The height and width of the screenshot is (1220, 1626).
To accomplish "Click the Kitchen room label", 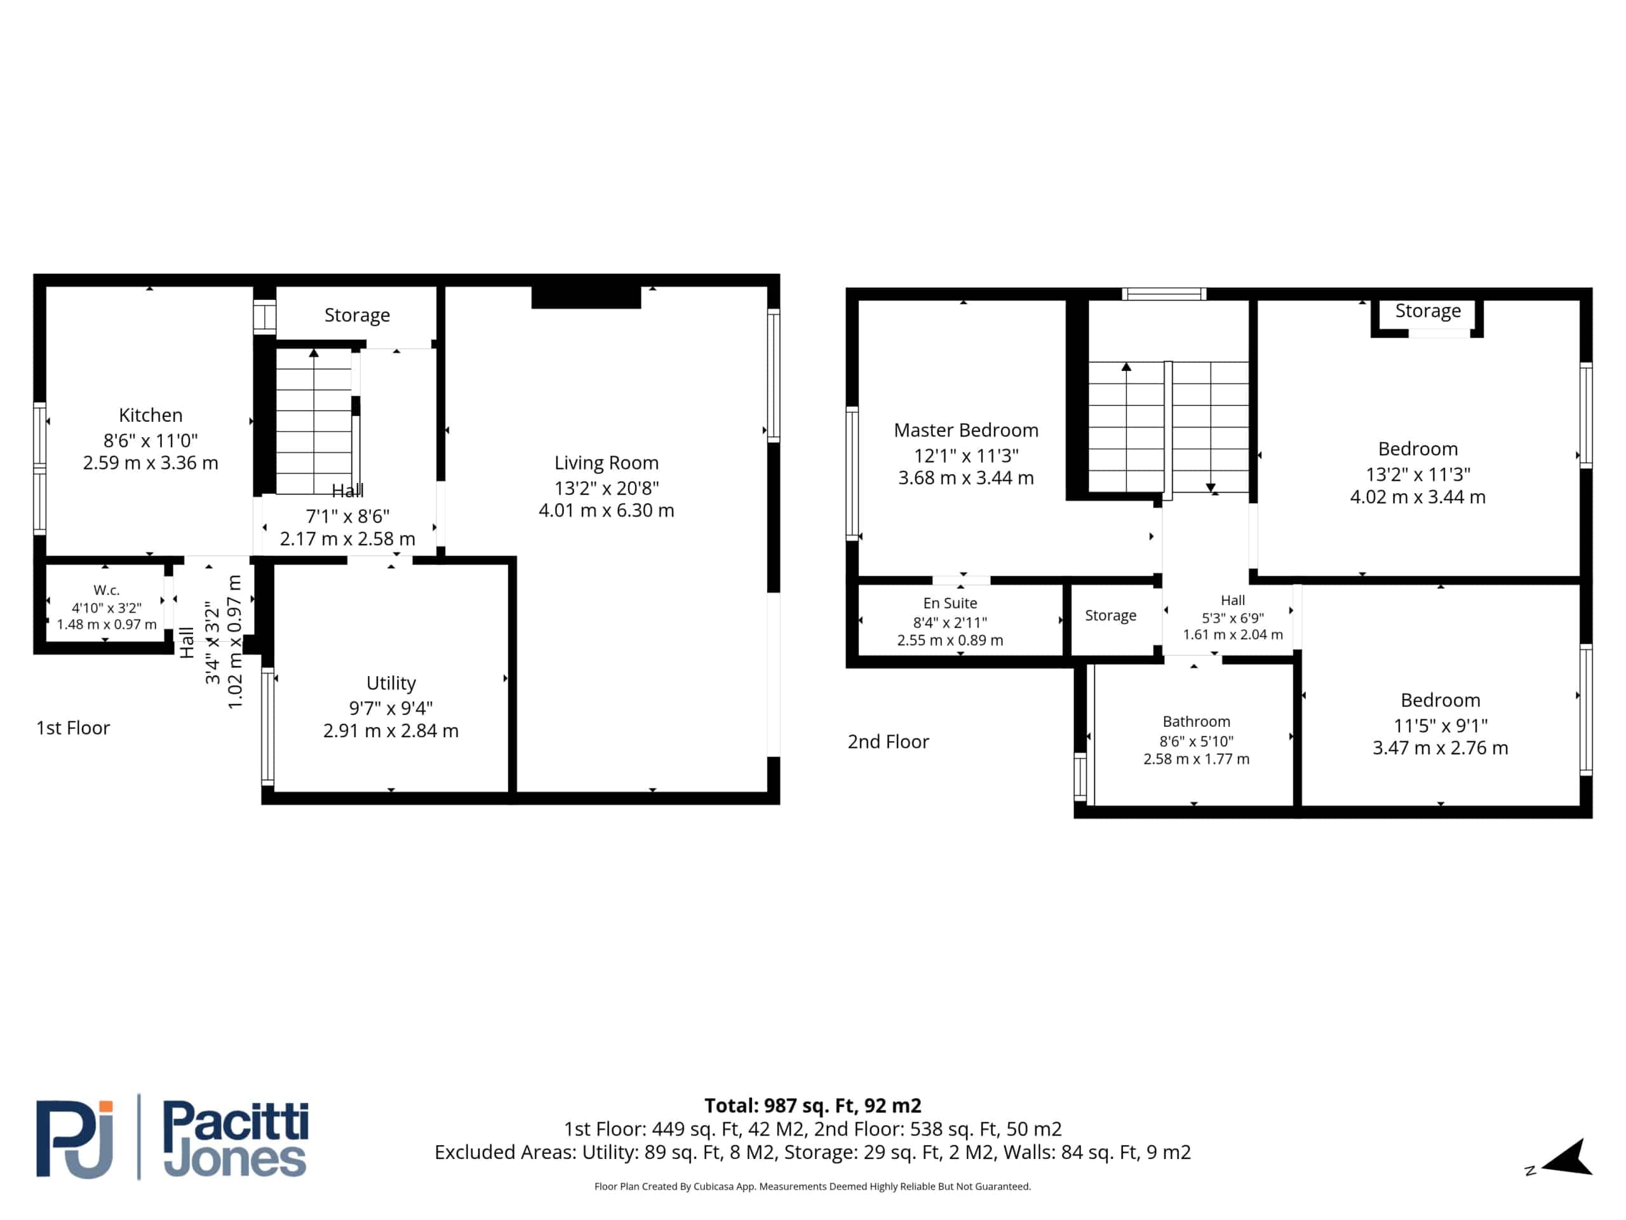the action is point(151,416).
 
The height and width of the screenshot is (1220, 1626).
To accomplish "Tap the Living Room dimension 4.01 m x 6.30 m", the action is point(607,510).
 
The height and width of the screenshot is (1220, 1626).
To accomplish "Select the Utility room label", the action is point(391,683).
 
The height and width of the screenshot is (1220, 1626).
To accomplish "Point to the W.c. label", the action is point(107,590).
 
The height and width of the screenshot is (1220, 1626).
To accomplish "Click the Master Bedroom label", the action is point(966,430).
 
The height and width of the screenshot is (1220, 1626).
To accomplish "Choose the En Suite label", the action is point(950,603).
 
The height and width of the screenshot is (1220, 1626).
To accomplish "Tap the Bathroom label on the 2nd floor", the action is point(1196,721).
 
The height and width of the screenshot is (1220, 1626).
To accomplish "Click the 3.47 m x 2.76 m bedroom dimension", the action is point(1440,748).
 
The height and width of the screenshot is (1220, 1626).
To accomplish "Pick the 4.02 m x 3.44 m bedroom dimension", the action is point(1418,497).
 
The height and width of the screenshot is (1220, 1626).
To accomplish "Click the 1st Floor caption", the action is point(73,728).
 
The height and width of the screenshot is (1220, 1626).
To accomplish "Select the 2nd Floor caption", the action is point(888,742).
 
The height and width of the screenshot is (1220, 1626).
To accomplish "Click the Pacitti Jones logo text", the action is point(235,1139).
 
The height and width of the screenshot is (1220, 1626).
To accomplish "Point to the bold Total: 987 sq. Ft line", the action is point(813,1105).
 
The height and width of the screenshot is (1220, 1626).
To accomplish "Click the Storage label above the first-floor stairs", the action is point(357,315).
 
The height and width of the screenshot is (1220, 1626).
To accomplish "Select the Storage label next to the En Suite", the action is point(1110,616).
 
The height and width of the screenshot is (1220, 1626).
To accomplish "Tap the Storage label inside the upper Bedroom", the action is point(1428,311).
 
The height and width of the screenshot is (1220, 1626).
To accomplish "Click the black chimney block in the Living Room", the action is point(586,297).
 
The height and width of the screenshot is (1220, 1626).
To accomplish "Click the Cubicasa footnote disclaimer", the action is point(812,1186).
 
